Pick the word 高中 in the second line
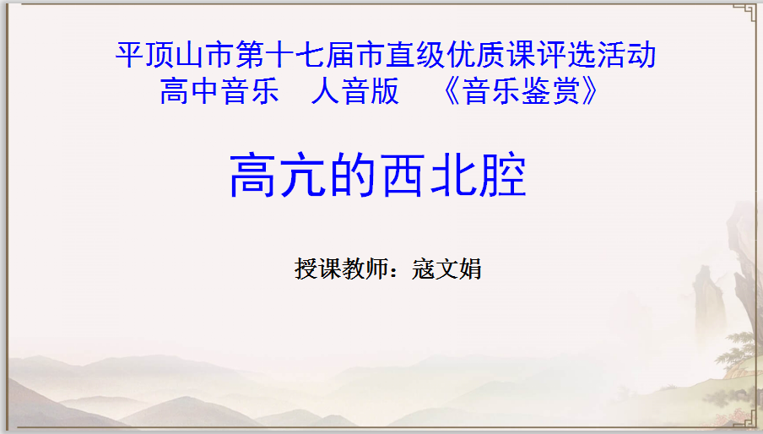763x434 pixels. (x=190, y=91)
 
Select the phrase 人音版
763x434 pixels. (x=355, y=91)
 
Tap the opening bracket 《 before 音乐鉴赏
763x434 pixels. (x=451, y=91)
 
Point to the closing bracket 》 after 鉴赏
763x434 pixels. (x=589, y=91)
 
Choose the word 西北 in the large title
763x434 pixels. (x=428, y=175)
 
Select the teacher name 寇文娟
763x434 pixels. (x=446, y=269)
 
